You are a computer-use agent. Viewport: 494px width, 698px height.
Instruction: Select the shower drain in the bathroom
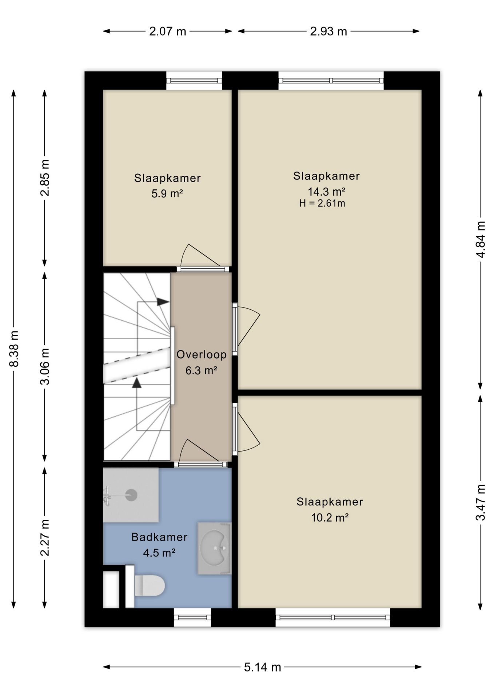click(x=131, y=495)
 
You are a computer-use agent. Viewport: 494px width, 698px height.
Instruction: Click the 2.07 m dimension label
click(x=167, y=32)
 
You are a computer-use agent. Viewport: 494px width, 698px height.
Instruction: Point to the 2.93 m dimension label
click(x=328, y=32)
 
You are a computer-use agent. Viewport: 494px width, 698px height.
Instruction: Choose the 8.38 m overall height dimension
click(x=14, y=349)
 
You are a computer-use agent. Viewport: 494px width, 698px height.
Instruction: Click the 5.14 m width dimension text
click(x=262, y=667)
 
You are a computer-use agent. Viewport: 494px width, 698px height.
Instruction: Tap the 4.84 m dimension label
click(x=481, y=239)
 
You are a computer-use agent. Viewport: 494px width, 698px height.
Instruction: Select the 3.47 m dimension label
click(x=481, y=502)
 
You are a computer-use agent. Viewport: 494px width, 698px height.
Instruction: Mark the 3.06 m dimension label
click(x=45, y=366)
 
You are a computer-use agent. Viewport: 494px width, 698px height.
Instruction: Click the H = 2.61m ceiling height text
click(x=322, y=203)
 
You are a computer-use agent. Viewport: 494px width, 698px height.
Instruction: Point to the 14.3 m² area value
click(x=326, y=191)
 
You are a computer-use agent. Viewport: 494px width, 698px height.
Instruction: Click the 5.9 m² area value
click(x=167, y=193)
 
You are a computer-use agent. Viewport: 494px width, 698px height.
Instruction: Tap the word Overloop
click(x=202, y=354)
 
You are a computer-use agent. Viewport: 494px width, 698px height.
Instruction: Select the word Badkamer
click(x=159, y=537)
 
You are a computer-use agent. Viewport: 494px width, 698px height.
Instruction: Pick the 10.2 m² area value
click(x=330, y=517)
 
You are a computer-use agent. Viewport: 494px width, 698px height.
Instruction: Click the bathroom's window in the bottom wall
click(x=192, y=617)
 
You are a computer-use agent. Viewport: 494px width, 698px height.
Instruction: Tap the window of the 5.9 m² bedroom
click(x=194, y=81)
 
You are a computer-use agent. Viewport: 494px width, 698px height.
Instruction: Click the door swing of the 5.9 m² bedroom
click(x=200, y=255)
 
